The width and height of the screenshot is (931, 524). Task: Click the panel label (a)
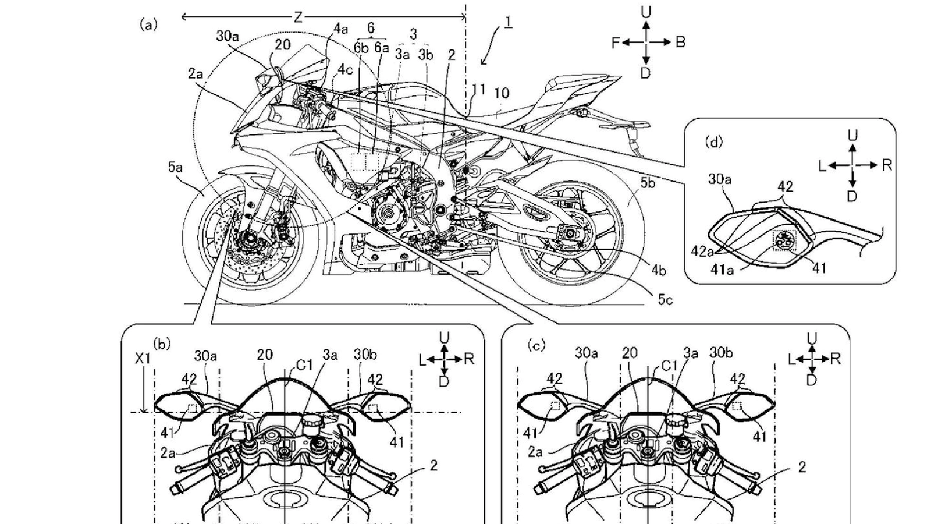click(x=148, y=24)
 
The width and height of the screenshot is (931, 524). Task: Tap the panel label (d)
click(x=713, y=141)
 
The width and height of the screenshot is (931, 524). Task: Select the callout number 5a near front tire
click(x=175, y=168)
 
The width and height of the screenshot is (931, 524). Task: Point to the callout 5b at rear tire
click(x=648, y=183)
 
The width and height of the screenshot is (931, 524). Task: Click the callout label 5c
click(x=666, y=299)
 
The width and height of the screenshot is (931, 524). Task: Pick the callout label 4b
click(x=658, y=270)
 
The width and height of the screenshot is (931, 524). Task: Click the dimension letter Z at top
click(x=298, y=17)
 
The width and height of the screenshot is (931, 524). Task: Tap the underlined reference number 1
click(x=509, y=22)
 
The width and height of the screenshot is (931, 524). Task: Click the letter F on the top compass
click(x=616, y=43)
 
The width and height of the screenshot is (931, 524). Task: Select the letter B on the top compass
click(x=680, y=43)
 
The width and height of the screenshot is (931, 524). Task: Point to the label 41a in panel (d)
click(x=722, y=270)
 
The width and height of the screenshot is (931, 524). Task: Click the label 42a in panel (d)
click(x=702, y=251)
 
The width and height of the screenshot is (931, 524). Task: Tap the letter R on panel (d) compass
click(x=887, y=165)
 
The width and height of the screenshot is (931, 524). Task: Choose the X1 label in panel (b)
click(x=143, y=359)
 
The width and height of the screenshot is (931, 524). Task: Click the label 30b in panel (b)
click(x=365, y=354)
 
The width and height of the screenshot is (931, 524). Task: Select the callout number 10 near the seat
click(x=502, y=93)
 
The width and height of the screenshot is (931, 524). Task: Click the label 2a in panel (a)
click(x=196, y=74)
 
